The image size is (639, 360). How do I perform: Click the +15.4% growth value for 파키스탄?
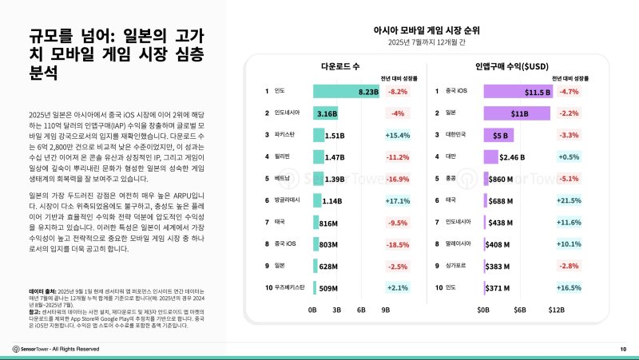point(397,136)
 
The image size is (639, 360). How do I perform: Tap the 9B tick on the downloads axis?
point(386,309)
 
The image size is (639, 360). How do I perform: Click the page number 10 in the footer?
point(622,349)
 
